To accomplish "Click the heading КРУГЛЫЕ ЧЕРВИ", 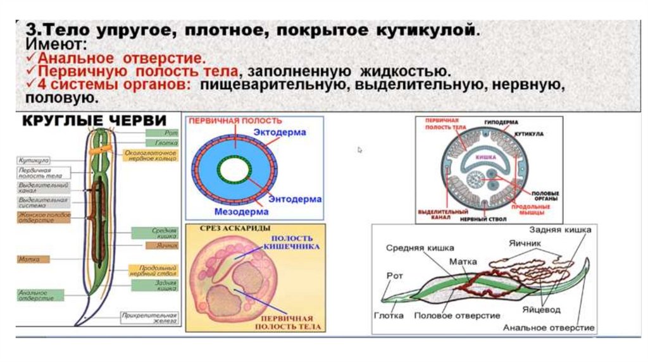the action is tap(96, 121).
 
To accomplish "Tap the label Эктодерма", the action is tap(280, 133).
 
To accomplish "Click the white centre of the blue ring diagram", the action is tap(235, 169).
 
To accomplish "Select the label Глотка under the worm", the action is tap(389, 315).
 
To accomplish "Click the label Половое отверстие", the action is tap(457, 315).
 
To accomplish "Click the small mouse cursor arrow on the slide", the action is tap(360, 150).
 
